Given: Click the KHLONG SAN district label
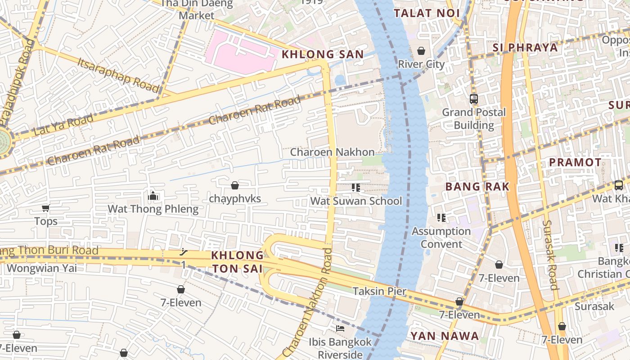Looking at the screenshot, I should [322, 54].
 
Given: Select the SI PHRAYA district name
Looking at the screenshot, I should [525, 47].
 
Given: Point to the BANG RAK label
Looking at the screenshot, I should [477, 186].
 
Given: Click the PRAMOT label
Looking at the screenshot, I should [575, 162].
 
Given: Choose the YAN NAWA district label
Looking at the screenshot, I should [445, 336].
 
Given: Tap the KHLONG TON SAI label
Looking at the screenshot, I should [238, 262].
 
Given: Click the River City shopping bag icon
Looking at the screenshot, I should [421, 51].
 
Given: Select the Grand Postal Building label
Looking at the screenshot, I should [474, 118].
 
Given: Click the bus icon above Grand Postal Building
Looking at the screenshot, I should [473, 99].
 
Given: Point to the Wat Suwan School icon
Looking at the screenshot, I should [356, 188].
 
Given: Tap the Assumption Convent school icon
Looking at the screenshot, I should [441, 218].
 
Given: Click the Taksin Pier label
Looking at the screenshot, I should [379, 291].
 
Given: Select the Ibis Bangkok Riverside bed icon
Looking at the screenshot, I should [340, 328].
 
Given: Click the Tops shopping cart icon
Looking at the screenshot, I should [45, 208].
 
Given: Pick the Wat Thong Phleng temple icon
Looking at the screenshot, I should [153, 196].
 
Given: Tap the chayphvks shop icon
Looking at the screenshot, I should [234, 185].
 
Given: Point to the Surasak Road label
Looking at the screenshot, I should [550, 255].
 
